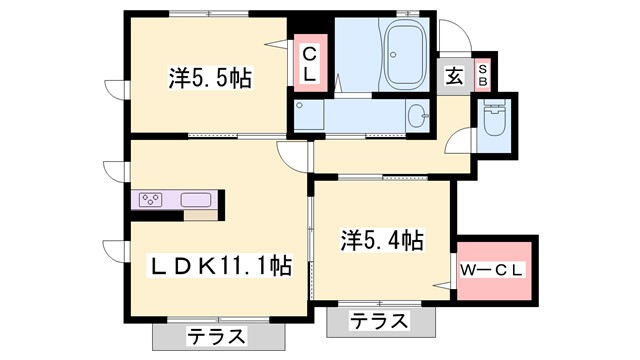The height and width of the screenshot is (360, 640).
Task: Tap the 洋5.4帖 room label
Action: pyautogui.click(x=381, y=240)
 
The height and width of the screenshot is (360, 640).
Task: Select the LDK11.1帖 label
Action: pyautogui.click(x=221, y=267)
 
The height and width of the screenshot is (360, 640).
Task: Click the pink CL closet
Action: pyautogui.click(x=310, y=65)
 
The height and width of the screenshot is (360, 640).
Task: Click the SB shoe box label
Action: pyautogui.click(x=482, y=71)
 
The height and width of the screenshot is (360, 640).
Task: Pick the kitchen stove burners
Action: pyautogui.click(x=151, y=199)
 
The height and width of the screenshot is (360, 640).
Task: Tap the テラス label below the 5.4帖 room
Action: pyautogui.click(x=381, y=322)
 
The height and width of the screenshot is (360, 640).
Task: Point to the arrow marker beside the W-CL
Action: pyautogui.click(x=441, y=287)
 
